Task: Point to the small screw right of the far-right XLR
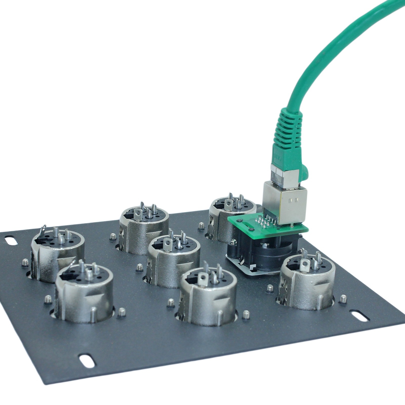point(343,298)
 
